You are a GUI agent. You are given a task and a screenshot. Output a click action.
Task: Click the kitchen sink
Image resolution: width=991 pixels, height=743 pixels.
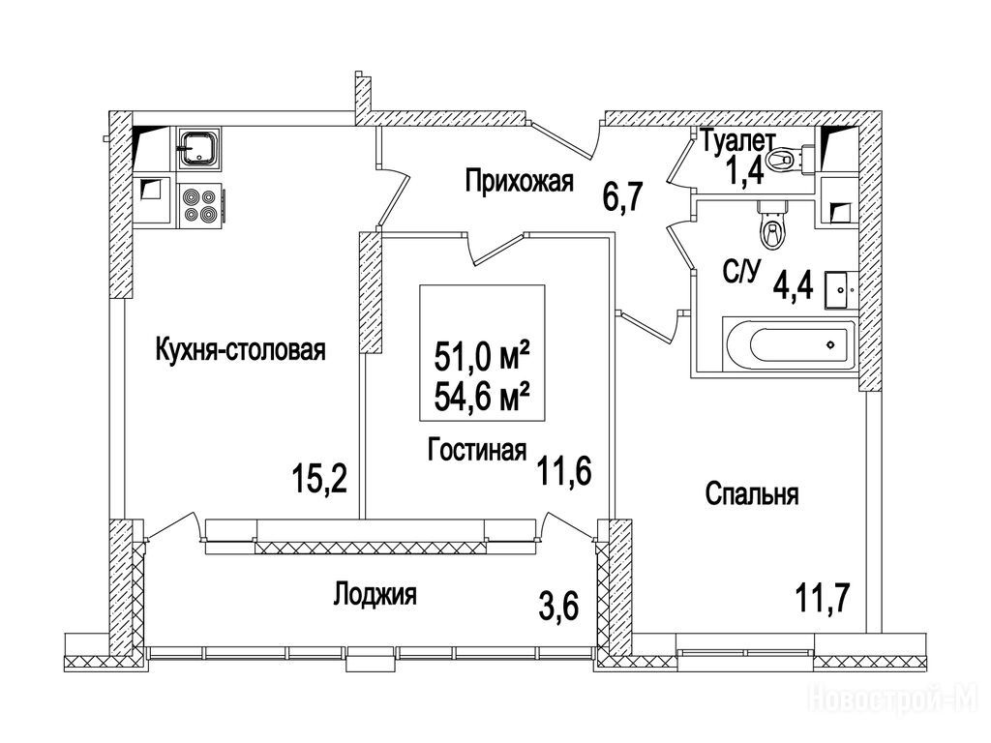(x=199, y=149)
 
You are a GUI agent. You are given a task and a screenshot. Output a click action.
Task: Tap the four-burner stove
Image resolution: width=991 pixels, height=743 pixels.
(x=201, y=205)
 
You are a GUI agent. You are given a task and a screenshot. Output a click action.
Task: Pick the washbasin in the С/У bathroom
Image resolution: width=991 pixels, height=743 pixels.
(x=841, y=290)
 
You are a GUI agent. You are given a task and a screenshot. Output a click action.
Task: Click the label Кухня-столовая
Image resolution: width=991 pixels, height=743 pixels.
(x=240, y=349)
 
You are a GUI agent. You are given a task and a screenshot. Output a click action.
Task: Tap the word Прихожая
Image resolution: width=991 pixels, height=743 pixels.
(x=520, y=181)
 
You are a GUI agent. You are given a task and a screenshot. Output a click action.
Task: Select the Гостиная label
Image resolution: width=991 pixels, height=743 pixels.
(x=476, y=450)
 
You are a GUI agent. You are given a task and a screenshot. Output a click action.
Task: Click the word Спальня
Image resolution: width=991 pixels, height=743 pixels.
(x=751, y=493)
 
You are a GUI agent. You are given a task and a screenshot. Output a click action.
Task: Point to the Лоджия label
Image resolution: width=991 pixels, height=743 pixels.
(x=375, y=595)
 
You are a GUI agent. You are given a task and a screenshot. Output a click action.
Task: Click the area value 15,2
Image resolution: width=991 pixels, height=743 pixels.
(x=319, y=479)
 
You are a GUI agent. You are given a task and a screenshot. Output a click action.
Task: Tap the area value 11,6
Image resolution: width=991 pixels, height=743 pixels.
(x=564, y=471)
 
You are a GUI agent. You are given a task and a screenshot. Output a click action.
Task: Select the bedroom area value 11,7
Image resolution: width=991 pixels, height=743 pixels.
(x=823, y=597)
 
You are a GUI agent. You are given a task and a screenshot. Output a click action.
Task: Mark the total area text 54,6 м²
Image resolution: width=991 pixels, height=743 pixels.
(x=482, y=397)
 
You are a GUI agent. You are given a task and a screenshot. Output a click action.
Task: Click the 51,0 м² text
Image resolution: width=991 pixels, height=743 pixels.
(x=482, y=357)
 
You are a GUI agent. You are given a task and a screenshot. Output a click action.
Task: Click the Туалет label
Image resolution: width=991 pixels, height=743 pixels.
(x=738, y=140)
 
